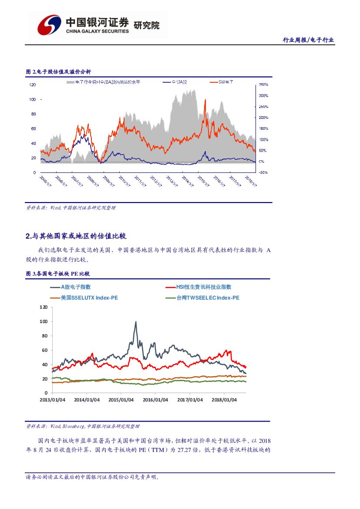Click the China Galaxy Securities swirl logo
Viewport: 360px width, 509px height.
[x=48, y=25]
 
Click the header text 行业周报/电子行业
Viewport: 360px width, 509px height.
[x=308, y=40]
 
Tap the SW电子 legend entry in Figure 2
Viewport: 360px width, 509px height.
[x=225, y=82]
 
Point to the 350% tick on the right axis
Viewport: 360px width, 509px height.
[x=263, y=84]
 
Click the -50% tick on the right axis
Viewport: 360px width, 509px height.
[x=263, y=172]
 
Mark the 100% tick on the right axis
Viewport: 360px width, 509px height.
[x=263, y=139]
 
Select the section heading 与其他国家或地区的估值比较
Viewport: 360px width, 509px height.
[x=76, y=236]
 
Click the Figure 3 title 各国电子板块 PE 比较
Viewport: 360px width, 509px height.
[x=57, y=274]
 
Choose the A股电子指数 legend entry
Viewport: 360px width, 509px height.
[x=76, y=287]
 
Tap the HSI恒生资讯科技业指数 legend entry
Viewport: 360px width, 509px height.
[x=197, y=287]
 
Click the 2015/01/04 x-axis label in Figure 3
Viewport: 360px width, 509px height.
[x=121, y=400]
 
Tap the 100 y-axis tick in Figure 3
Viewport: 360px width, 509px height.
[x=44, y=321]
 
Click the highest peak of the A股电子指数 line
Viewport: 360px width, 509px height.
[x=135, y=322]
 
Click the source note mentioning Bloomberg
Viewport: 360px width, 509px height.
[x=83, y=426]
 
